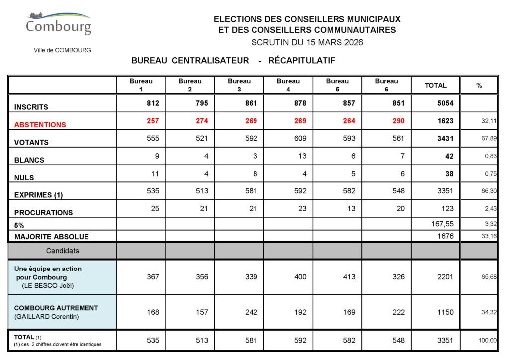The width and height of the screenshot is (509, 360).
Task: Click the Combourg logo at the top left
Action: point(59,24)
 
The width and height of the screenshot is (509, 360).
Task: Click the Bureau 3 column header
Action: point(239,85)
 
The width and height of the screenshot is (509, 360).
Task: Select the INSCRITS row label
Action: point(31,107)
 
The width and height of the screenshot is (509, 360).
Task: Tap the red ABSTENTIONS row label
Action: point(40,125)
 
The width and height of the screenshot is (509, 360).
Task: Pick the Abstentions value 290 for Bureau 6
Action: point(398,121)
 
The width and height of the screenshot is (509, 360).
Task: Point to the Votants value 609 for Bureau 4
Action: point(300,138)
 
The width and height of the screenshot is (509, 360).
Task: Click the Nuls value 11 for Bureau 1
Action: point(155,174)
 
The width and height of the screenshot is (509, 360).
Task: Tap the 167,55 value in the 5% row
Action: point(442,224)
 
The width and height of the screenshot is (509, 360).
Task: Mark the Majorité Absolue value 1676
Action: point(445,236)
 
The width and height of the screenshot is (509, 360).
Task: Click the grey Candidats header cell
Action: point(63,251)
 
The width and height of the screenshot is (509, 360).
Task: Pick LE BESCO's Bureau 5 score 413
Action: point(349,277)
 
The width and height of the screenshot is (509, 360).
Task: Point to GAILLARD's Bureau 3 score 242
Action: point(251,312)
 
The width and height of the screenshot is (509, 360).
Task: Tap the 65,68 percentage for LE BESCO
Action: point(489,277)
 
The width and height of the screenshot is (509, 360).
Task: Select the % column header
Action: point(479,86)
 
